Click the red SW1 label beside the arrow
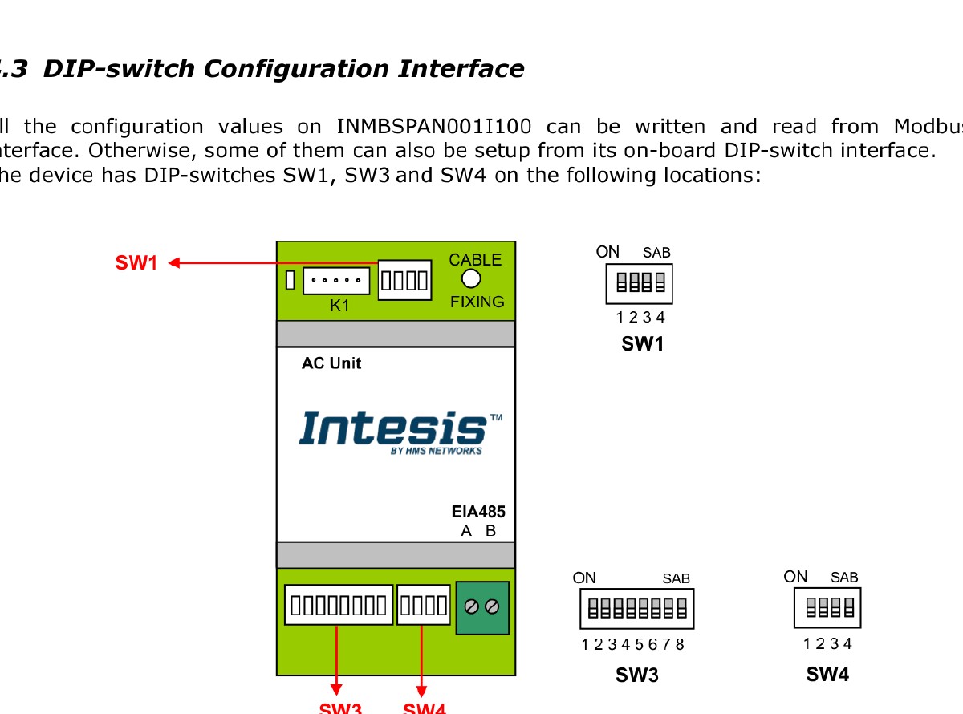click(x=136, y=262)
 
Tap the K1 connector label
click(x=340, y=306)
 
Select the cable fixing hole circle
click(x=472, y=279)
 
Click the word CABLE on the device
click(x=475, y=260)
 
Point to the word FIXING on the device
click(x=477, y=302)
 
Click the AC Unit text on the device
click(x=331, y=363)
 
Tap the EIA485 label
click(x=478, y=513)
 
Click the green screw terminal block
click(x=482, y=607)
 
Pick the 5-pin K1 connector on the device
click(x=336, y=280)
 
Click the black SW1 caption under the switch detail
click(x=643, y=345)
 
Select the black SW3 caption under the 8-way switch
click(x=637, y=675)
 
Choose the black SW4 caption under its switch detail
click(x=827, y=675)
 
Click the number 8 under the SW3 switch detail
click(x=681, y=644)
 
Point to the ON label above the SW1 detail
click(x=607, y=252)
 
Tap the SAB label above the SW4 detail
click(x=844, y=578)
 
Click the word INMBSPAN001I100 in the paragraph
click(x=434, y=127)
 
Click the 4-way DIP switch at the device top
click(x=405, y=280)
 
